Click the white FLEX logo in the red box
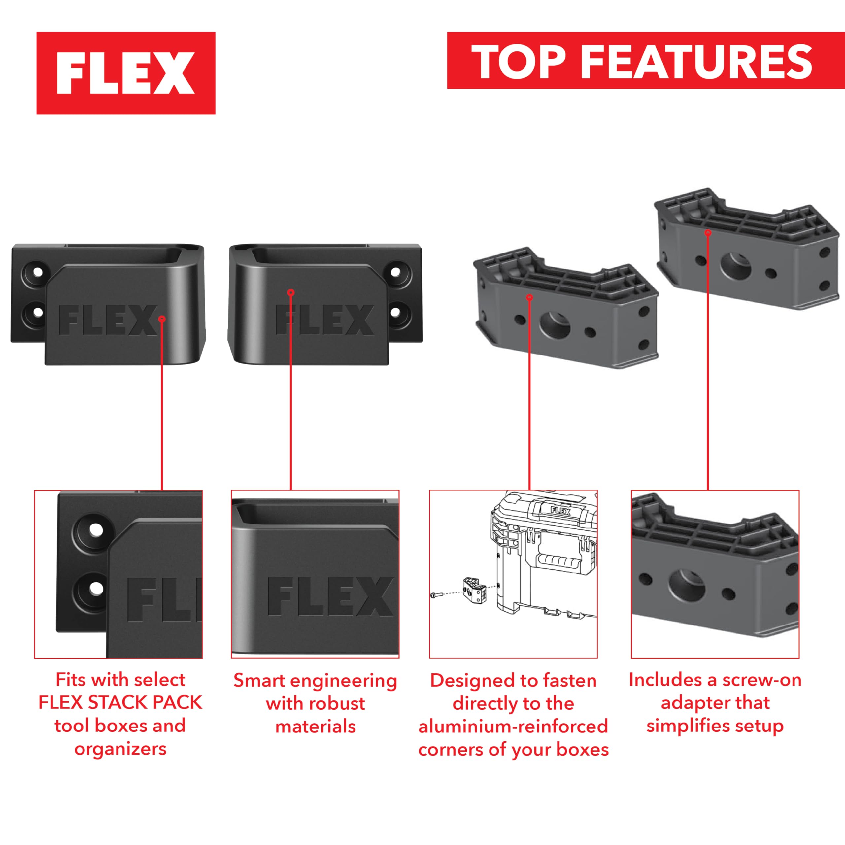point(125,73)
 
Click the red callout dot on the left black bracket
point(162,319)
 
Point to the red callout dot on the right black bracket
point(291,292)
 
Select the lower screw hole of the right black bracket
point(395,312)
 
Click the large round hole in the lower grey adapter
point(555,324)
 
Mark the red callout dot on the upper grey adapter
point(708,233)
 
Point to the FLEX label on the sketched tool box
point(560,510)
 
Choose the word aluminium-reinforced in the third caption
point(513,727)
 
